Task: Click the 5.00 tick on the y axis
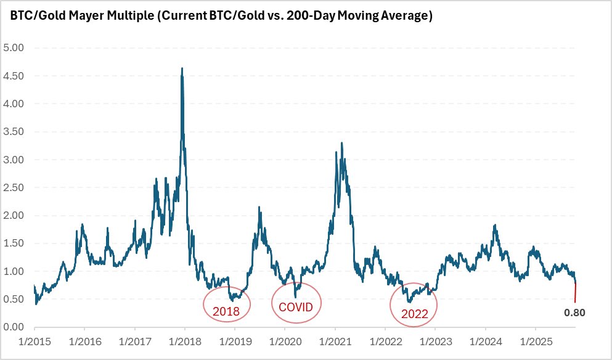click(x=13, y=48)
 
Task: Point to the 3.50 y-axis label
click(x=13, y=132)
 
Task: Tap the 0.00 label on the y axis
click(x=13, y=327)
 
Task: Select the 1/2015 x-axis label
click(x=34, y=341)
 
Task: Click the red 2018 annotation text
click(x=226, y=311)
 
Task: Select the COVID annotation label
click(x=296, y=306)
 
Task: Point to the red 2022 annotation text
click(x=414, y=313)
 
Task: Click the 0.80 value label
click(x=574, y=313)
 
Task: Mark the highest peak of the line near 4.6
click(x=181, y=69)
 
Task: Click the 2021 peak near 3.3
click(x=341, y=144)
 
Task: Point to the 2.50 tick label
click(x=13, y=187)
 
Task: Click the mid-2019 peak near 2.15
click(x=259, y=208)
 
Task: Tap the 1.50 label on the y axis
click(x=13, y=243)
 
